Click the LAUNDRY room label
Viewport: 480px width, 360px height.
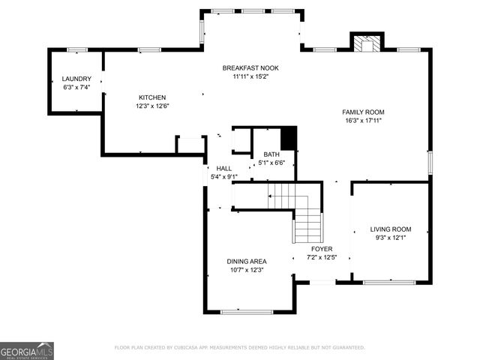point(76,79)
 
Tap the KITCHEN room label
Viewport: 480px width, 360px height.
point(152,97)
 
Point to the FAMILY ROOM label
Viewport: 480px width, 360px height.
point(364,112)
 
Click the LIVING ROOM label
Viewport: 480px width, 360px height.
point(390,229)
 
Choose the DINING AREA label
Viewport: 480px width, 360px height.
point(247,262)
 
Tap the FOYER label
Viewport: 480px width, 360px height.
point(322,249)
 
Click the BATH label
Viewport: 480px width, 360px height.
point(271,154)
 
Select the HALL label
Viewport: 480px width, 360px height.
point(224,168)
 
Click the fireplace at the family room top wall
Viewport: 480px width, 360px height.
point(367,43)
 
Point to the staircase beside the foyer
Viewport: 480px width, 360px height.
point(298,210)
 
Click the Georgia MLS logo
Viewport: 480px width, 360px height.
point(27,350)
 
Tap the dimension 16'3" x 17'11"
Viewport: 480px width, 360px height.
point(364,120)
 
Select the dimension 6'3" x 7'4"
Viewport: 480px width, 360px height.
point(76,87)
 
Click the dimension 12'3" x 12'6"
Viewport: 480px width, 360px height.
point(152,106)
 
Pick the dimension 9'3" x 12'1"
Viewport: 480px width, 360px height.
point(390,238)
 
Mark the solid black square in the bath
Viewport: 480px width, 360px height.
point(289,139)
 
